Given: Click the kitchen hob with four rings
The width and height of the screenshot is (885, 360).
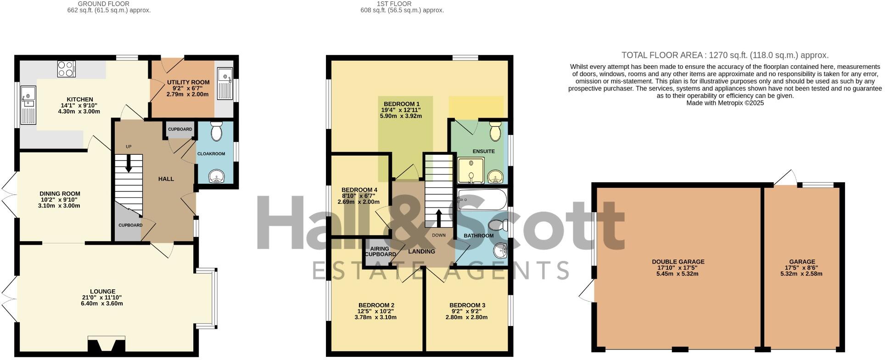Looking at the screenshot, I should click(67, 69).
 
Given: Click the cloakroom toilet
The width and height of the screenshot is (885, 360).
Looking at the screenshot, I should click(216, 131).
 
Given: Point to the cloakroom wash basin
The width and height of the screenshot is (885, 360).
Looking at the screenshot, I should click(215, 177).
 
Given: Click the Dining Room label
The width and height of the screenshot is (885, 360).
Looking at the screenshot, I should click(60, 194).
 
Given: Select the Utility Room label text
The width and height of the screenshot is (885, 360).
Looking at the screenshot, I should click(188, 82).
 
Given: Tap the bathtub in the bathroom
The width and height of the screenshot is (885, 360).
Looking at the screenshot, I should click(482, 200).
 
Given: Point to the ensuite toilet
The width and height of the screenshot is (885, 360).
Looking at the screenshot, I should click(495, 131).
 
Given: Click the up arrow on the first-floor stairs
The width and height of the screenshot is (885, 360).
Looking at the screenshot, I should click(439, 218).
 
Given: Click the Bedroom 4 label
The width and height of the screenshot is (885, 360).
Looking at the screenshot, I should click(359, 190).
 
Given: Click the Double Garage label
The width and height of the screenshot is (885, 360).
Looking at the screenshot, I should click(678, 262).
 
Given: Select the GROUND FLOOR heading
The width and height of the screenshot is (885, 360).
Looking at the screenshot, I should click(97, 4).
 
